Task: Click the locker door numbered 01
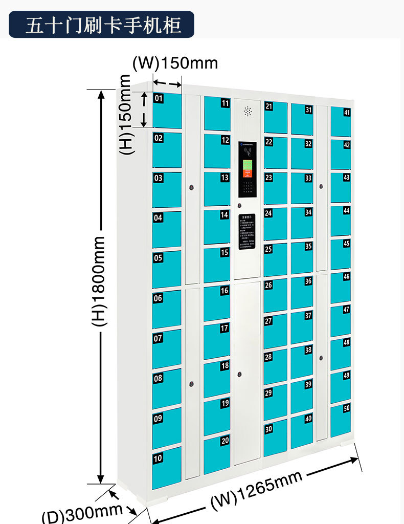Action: pyautogui.click(x=167, y=111)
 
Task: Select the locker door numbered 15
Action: pyautogui.click(x=217, y=265)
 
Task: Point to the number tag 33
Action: pyautogui.click(x=308, y=178)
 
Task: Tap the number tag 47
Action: pyautogui.click(x=346, y=310)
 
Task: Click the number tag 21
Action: pyautogui.click(x=268, y=106)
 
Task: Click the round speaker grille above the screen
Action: pyautogui.click(x=248, y=111)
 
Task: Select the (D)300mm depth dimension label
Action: pyautogui.click(x=82, y=513)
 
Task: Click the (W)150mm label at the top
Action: pyautogui.click(x=175, y=63)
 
